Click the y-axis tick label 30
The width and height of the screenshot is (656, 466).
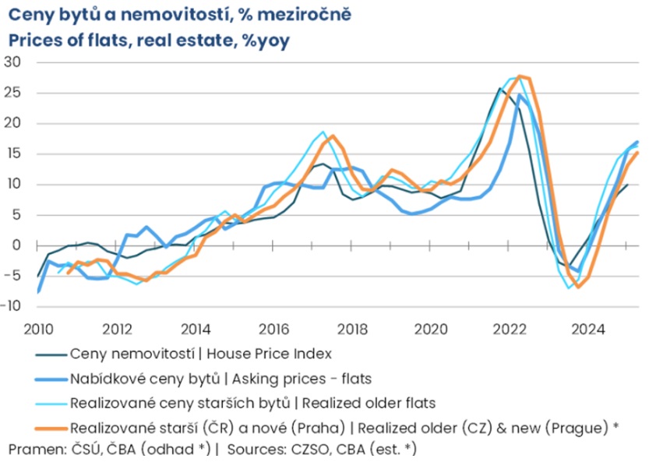pos(13,62)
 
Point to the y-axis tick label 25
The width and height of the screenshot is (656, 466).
pos(13,93)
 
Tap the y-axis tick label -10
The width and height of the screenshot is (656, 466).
pos(11,306)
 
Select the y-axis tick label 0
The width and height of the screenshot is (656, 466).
pos(16,245)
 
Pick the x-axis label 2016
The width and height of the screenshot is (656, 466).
pos(274,328)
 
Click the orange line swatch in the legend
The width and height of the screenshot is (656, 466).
pos(51,428)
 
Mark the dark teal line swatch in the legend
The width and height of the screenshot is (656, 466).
pos(51,354)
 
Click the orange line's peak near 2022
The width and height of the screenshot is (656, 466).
pos(520,76)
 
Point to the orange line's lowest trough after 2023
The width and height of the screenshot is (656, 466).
pos(578,287)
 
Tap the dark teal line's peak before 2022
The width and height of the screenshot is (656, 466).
pos(499,89)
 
